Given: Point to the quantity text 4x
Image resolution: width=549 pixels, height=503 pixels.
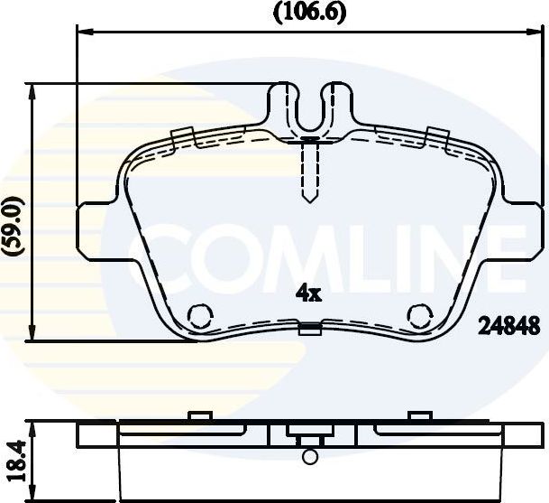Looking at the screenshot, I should [308, 293].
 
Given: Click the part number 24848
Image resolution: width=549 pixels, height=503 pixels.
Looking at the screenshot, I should [509, 324].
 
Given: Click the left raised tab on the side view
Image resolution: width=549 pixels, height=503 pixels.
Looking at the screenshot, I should [198, 416].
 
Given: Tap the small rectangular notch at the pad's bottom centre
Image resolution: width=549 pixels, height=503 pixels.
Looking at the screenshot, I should [309, 330].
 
